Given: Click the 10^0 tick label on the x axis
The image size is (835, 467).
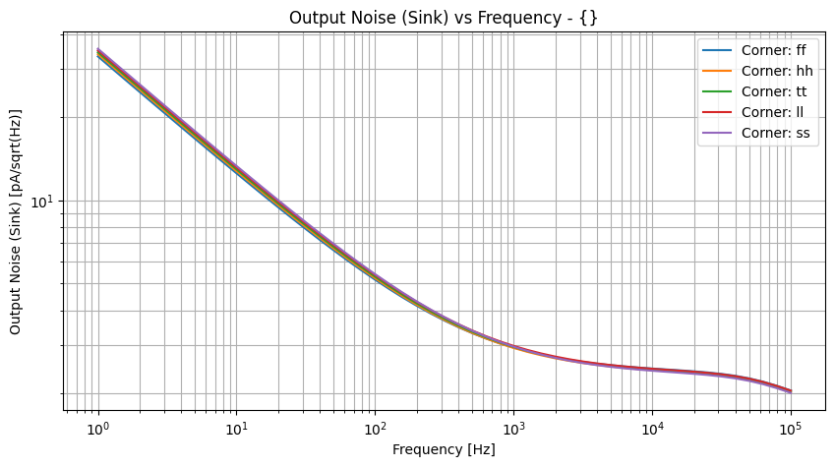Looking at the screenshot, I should [97, 430].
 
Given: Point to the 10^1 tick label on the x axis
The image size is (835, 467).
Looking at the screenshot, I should [236, 430].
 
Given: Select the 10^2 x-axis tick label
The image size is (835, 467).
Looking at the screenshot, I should [375, 430].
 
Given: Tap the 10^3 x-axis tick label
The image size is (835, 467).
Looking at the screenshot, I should [513, 430].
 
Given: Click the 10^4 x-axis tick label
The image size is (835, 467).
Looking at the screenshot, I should [652, 430].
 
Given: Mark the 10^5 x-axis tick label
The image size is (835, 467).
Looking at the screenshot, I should [790, 430].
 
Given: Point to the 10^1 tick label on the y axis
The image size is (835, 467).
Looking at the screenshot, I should [45, 202].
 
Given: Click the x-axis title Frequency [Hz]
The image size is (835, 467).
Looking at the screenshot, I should [444, 450].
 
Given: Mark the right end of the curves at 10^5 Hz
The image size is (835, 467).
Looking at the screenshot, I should [790, 391].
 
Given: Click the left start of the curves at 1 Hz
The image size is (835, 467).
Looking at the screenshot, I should [98, 53].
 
